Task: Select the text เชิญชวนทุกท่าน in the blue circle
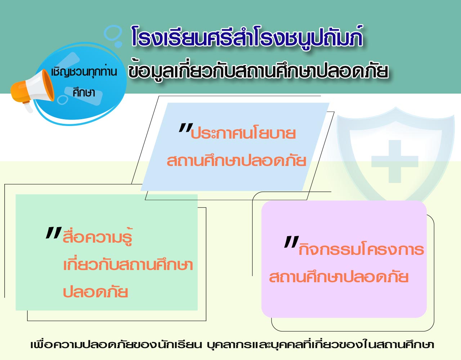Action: [84, 72]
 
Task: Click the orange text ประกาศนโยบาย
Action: [243, 133]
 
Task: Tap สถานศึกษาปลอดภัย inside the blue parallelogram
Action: [236, 160]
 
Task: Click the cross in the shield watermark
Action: [395, 161]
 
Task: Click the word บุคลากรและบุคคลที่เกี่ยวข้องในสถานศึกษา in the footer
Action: [320, 345]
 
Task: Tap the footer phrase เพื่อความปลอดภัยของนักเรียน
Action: [116, 345]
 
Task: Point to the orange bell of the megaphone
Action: [48, 85]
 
